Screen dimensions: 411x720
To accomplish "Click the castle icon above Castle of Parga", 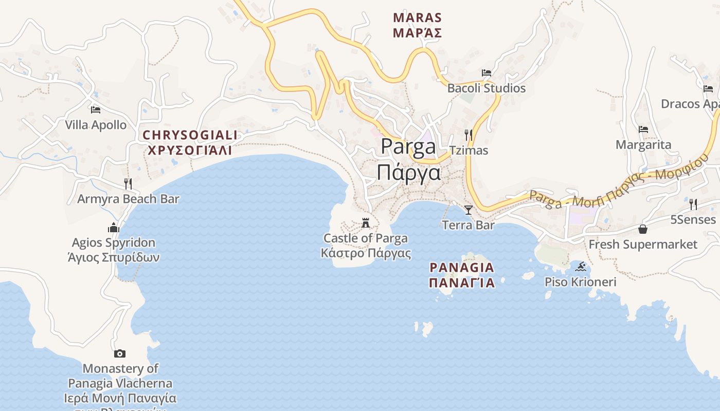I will [x=366, y=223].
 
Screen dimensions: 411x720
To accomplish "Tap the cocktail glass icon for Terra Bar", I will [x=468, y=210].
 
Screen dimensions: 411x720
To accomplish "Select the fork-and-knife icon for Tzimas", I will [x=468, y=135].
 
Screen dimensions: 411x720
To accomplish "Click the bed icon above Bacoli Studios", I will [x=486, y=73].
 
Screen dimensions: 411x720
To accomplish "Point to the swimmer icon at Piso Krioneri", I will [x=581, y=267].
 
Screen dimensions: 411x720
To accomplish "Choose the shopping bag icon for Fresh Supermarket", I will [x=642, y=229].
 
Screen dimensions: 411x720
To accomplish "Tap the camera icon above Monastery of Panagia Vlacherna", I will [x=120, y=353].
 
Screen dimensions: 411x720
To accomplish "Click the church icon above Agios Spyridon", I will [x=114, y=227].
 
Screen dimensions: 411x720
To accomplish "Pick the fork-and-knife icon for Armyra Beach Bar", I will [x=128, y=183].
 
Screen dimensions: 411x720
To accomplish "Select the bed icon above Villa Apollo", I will [x=95, y=109].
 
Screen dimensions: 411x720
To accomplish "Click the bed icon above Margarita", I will [x=643, y=129].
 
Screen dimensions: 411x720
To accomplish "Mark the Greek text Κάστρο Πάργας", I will [x=366, y=253].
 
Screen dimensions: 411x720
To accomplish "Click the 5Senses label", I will [x=693, y=220].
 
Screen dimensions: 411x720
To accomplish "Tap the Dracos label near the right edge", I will [x=690, y=104].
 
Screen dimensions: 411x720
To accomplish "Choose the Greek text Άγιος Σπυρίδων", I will [x=114, y=257].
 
